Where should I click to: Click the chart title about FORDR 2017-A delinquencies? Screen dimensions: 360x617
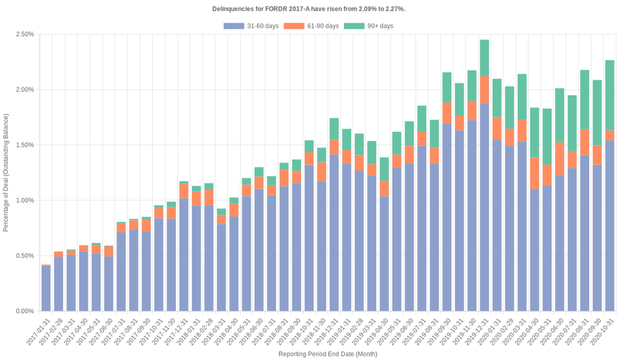coord(308,8)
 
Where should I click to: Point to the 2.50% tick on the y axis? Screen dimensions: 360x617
coord(23,35)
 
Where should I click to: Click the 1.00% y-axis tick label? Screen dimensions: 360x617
coord(23,200)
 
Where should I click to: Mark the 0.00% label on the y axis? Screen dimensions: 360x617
coord(23,311)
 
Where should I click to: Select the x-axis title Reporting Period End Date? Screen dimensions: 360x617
coord(328,354)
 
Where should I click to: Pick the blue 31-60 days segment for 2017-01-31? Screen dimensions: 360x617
coord(46,288)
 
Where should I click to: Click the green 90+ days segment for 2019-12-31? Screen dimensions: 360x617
coord(484,59)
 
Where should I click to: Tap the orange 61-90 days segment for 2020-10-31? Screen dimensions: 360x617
coord(609,135)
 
